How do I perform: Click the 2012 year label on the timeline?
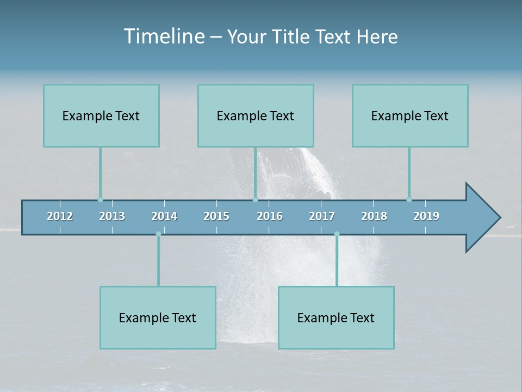pyautogui.click(x=60, y=216)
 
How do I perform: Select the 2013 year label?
pyautogui.click(x=112, y=216)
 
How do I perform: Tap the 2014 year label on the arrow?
pyautogui.click(x=164, y=216)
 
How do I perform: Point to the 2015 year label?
pyautogui.click(x=216, y=216)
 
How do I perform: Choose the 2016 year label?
pyautogui.click(x=270, y=216)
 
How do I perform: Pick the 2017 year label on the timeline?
pyautogui.click(x=322, y=216)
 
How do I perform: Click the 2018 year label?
pyautogui.click(x=374, y=216)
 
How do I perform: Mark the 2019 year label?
pyautogui.click(x=426, y=216)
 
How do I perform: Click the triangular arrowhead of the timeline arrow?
pyautogui.click(x=481, y=218)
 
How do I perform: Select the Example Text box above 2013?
pyautogui.click(x=101, y=115)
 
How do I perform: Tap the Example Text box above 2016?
pyautogui.click(x=256, y=115)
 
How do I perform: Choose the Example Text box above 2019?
pyautogui.click(x=410, y=115)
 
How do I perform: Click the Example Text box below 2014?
pyautogui.click(x=158, y=317)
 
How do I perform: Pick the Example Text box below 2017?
pyautogui.click(x=336, y=317)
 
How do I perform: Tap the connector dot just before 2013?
pyautogui.click(x=100, y=199)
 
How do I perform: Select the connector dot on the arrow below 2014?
pyautogui.click(x=158, y=234)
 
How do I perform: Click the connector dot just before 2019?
pyautogui.click(x=409, y=199)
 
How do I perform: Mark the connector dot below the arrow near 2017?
pyautogui.click(x=337, y=234)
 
